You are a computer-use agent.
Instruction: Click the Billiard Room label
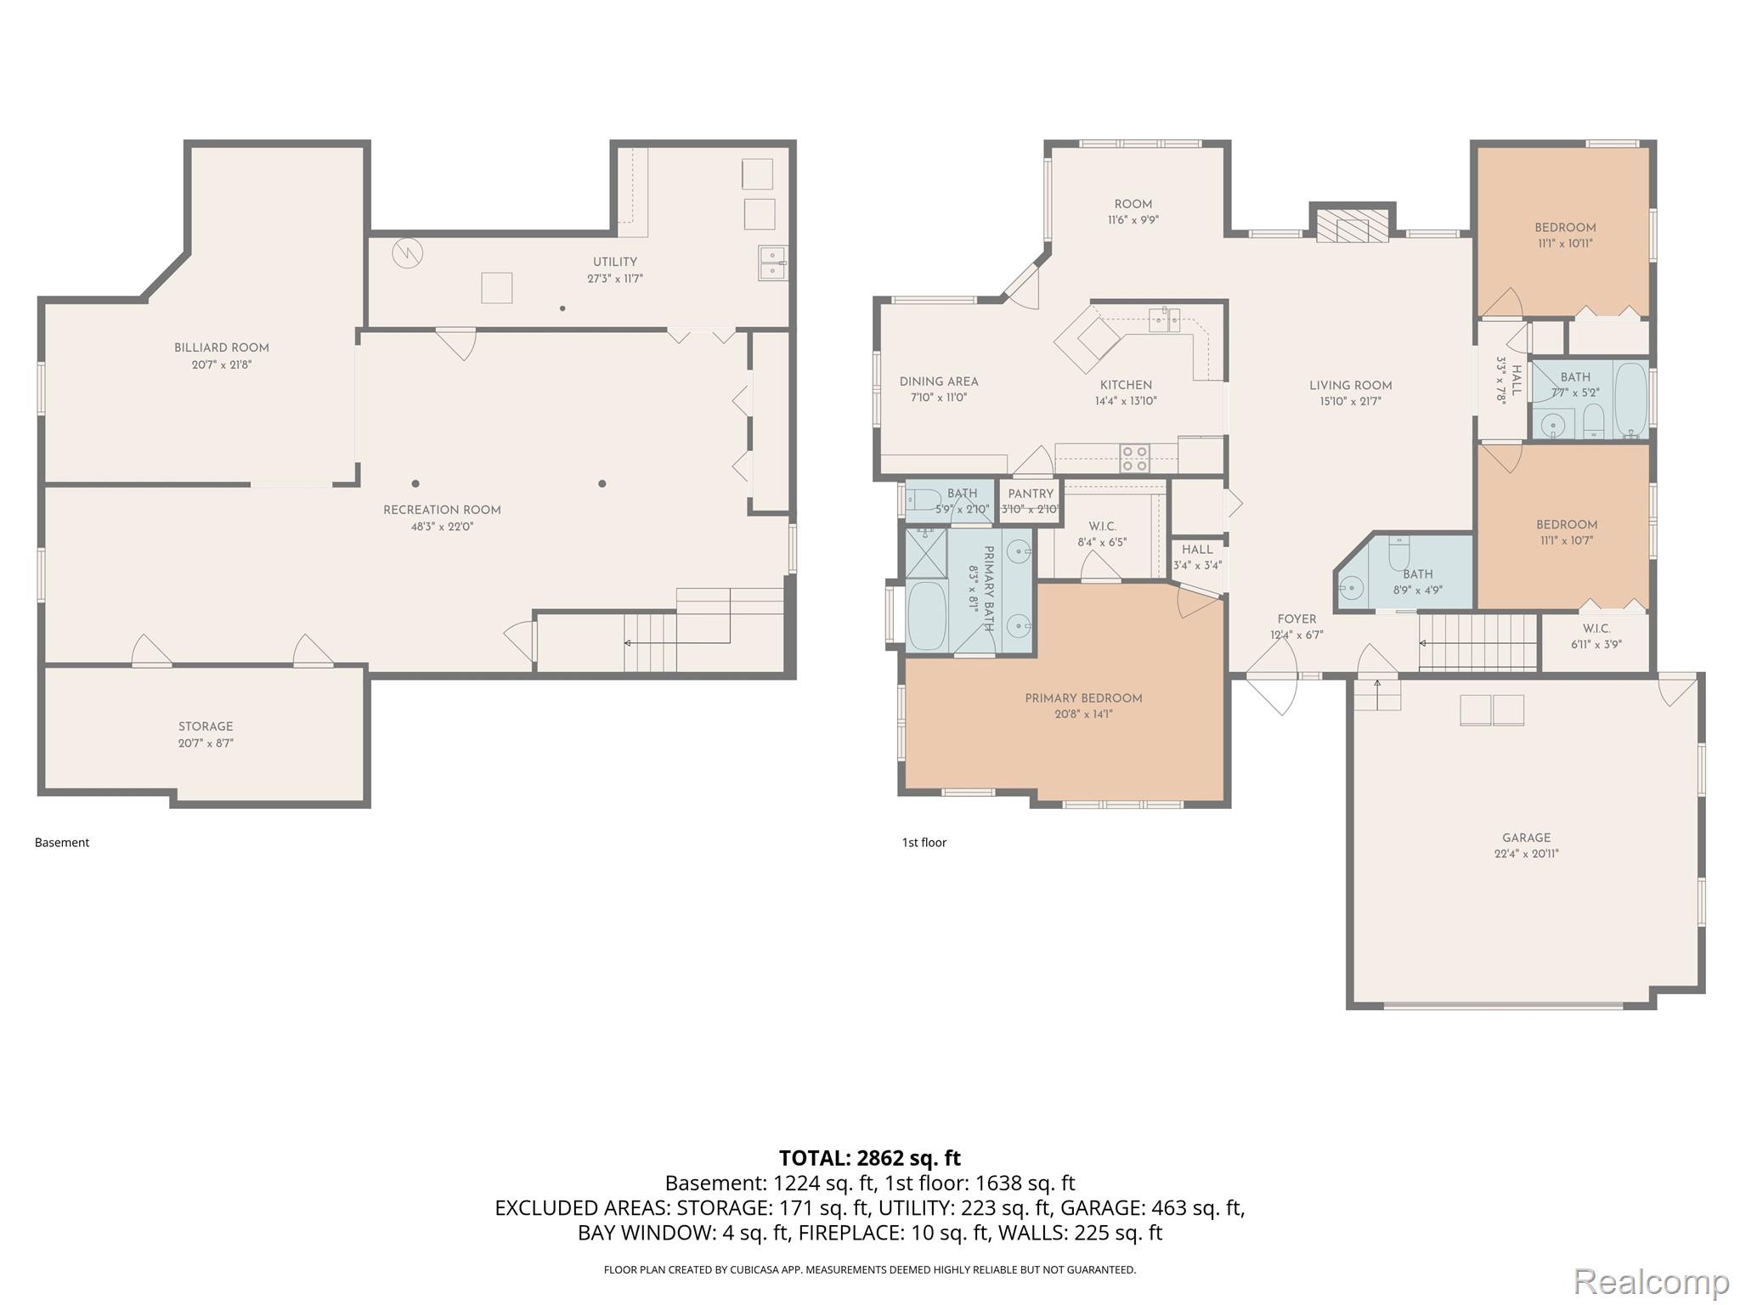[222, 347]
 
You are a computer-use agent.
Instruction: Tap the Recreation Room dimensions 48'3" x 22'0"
[442, 527]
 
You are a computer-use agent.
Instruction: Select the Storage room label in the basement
[206, 726]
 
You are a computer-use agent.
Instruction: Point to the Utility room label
[615, 262]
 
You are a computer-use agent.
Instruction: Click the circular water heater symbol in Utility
[407, 252]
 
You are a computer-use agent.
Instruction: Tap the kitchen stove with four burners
[1135, 458]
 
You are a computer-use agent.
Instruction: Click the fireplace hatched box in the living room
[1353, 228]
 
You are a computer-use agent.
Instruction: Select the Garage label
[1526, 838]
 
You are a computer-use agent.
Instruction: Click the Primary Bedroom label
[1083, 698]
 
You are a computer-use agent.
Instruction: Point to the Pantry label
[1031, 494]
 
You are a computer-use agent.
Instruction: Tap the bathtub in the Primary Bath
[927, 615]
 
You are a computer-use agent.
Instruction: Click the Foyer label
[1297, 619]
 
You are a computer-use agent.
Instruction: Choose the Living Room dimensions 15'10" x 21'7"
[1350, 401]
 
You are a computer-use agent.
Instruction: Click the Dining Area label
[939, 381]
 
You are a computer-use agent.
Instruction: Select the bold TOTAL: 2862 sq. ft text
[870, 1158]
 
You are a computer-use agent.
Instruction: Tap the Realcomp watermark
[1651, 1280]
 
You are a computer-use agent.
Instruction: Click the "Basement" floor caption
[62, 843]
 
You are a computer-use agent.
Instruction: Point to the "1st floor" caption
[924, 843]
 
